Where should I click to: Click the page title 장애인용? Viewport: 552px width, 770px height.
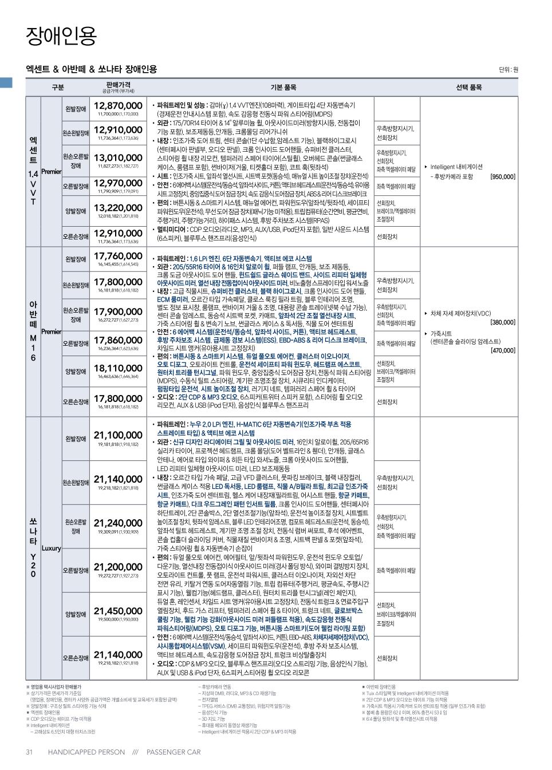61,36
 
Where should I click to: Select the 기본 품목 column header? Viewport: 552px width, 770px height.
283,88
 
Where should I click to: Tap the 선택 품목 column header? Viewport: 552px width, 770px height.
468,88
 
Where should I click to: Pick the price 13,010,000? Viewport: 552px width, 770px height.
118,157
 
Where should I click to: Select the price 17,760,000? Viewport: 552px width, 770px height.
118,256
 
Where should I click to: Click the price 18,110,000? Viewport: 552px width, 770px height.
118,368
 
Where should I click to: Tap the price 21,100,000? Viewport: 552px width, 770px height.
118,435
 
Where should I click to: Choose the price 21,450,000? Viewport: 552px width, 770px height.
118,611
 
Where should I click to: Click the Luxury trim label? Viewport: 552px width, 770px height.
51,548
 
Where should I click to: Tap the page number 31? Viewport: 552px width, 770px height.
29,752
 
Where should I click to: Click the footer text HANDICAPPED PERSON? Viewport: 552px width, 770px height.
86,752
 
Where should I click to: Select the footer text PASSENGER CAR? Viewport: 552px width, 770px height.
174,752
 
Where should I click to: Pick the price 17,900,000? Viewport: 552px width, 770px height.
118,311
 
